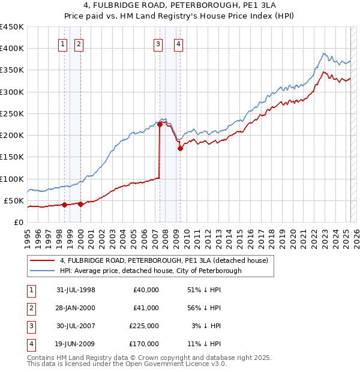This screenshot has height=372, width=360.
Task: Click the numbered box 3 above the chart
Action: [x=157, y=43]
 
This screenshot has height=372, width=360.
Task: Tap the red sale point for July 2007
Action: [x=160, y=124]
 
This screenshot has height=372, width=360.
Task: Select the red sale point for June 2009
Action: [x=180, y=148]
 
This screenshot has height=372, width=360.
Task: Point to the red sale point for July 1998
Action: [x=64, y=205]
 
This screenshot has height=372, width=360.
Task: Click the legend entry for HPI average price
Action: [x=151, y=271]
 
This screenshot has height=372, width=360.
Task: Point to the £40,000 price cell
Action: [x=146, y=290]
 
